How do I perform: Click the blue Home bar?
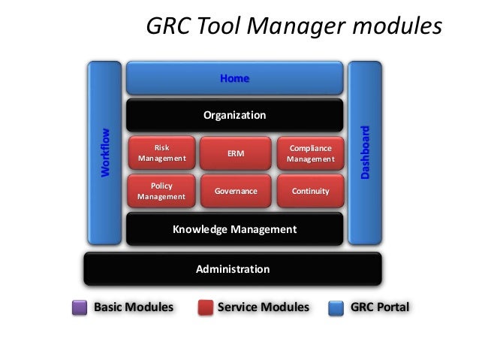pyautogui.click(x=234, y=78)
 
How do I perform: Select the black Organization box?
pyautogui.click(x=234, y=116)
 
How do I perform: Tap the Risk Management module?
pyautogui.click(x=161, y=153)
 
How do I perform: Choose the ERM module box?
pyautogui.click(x=236, y=153)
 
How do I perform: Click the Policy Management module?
pyautogui.click(x=161, y=191)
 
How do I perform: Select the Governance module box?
pyautogui.click(x=236, y=191)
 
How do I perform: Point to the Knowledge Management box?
pyautogui.click(x=234, y=229)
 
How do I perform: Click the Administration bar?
pyautogui.click(x=233, y=268)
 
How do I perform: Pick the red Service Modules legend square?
pyautogui.click(x=206, y=308)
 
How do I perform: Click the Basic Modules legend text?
pyautogui.click(x=133, y=307)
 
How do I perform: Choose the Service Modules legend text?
pyautogui.click(x=263, y=307)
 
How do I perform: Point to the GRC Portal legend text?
pyautogui.click(x=380, y=307)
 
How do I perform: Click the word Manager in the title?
pyautogui.click(x=291, y=27)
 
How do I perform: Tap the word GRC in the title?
pyautogui.click(x=169, y=27)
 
